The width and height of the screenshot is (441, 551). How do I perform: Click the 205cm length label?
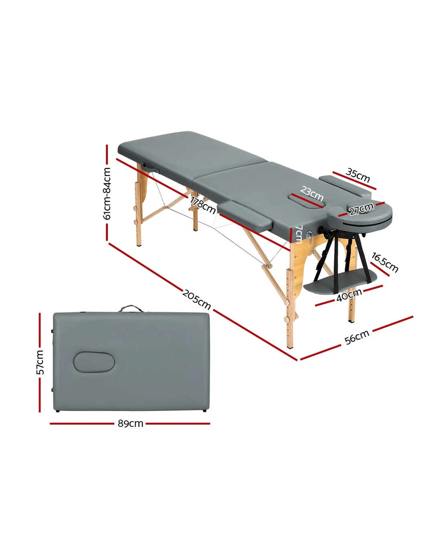tap(196, 299)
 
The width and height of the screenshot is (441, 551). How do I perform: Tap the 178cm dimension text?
tap(203, 205)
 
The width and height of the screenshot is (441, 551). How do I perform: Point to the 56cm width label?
tap(357, 337)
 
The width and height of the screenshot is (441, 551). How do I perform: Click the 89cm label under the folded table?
tap(130, 424)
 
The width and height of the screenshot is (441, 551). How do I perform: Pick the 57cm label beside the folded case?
tap(40, 362)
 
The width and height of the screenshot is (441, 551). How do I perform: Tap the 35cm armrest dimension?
tap(358, 176)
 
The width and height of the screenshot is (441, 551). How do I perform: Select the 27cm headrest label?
tap(362, 209)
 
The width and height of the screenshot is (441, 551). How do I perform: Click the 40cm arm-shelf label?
tap(349, 295)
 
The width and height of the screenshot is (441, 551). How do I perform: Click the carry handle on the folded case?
tap(131, 308)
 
